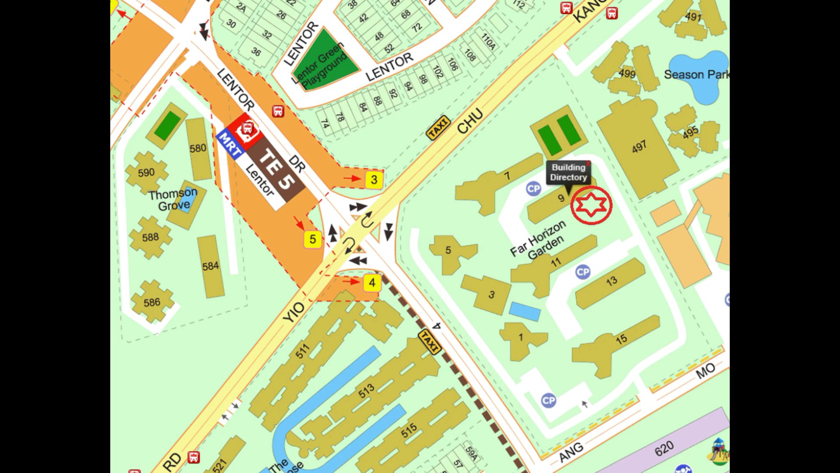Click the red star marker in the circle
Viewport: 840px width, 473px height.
tap(591, 205)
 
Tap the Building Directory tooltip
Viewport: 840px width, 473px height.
tap(568, 172)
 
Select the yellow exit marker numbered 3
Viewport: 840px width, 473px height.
tap(374, 180)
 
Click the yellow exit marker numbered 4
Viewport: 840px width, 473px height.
tap(372, 282)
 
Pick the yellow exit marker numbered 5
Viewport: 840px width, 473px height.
tap(312, 239)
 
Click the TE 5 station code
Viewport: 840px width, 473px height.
tap(276, 169)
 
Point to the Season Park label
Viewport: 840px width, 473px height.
tap(696, 74)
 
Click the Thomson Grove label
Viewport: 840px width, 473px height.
tap(173, 199)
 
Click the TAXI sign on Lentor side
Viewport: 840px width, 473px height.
tap(438, 127)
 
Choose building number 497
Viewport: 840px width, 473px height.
tap(639, 147)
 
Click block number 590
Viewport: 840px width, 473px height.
tap(146, 173)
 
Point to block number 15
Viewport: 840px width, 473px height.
tap(621, 339)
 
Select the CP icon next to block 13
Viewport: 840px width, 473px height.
tap(582, 272)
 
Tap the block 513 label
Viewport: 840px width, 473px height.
tap(366, 391)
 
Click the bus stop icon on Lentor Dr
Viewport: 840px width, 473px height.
tap(278, 111)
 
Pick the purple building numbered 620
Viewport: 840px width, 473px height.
tap(664, 448)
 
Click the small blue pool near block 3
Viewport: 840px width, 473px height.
tap(525, 311)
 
